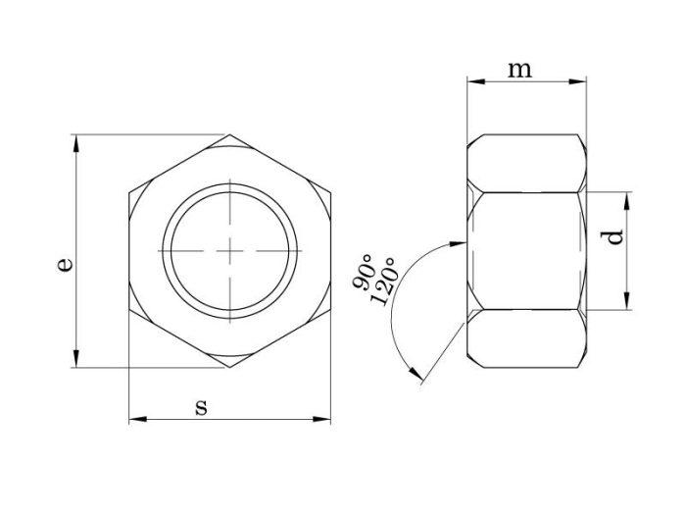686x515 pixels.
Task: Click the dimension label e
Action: click(65, 266)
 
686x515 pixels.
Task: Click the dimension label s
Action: click(201, 407)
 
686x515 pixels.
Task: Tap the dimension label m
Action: click(519, 70)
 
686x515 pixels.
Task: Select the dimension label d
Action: click(612, 237)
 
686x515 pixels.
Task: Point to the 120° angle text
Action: click(384, 282)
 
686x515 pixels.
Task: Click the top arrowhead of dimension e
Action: click(76, 143)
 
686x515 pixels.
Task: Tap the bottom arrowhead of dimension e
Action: click(76, 358)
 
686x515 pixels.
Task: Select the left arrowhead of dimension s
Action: click(138, 420)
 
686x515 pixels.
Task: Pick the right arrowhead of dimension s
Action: click(321, 420)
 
